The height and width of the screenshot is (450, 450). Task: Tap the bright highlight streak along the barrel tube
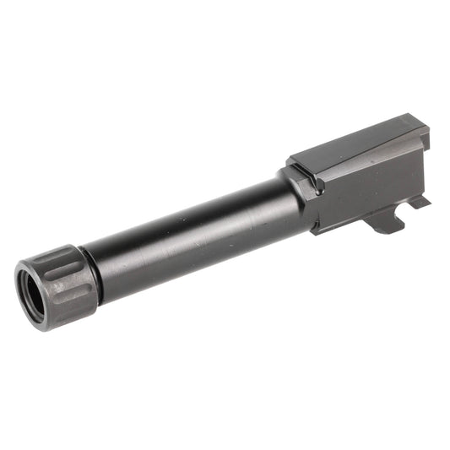186,207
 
